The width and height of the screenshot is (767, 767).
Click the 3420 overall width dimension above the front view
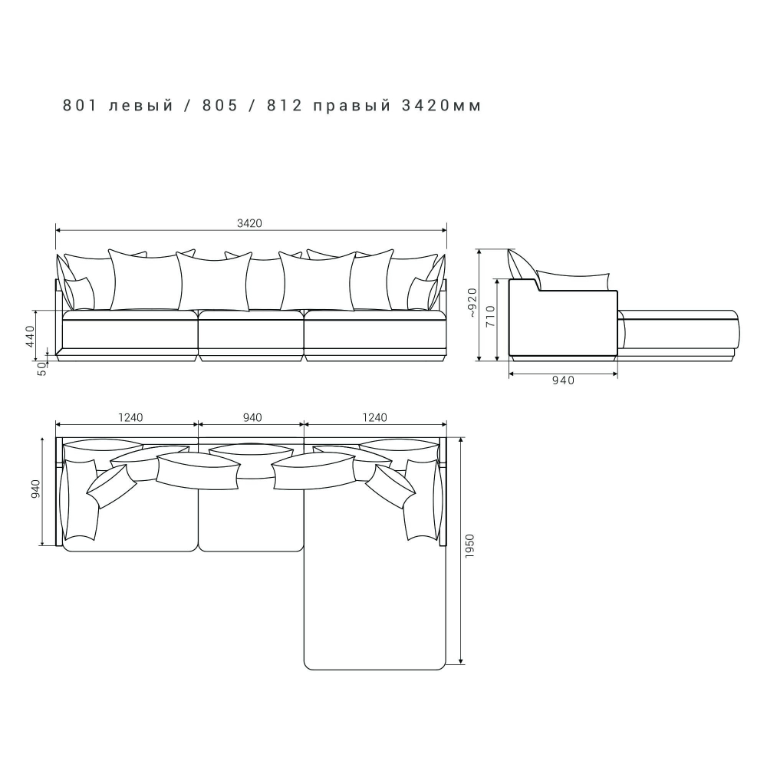click(x=249, y=223)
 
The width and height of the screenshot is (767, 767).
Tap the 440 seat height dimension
click(x=31, y=336)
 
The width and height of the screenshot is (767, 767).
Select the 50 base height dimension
click(x=42, y=370)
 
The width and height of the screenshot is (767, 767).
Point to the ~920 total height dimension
click(x=472, y=303)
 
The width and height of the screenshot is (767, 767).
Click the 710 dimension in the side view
click(x=491, y=316)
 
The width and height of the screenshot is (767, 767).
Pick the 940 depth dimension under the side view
click(x=563, y=380)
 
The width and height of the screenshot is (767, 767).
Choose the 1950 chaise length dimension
click(x=469, y=546)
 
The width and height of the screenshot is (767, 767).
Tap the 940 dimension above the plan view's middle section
click(x=252, y=418)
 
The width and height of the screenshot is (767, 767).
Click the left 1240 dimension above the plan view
click(x=130, y=418)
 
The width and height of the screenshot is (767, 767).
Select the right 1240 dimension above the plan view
click(x=375, y=418)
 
